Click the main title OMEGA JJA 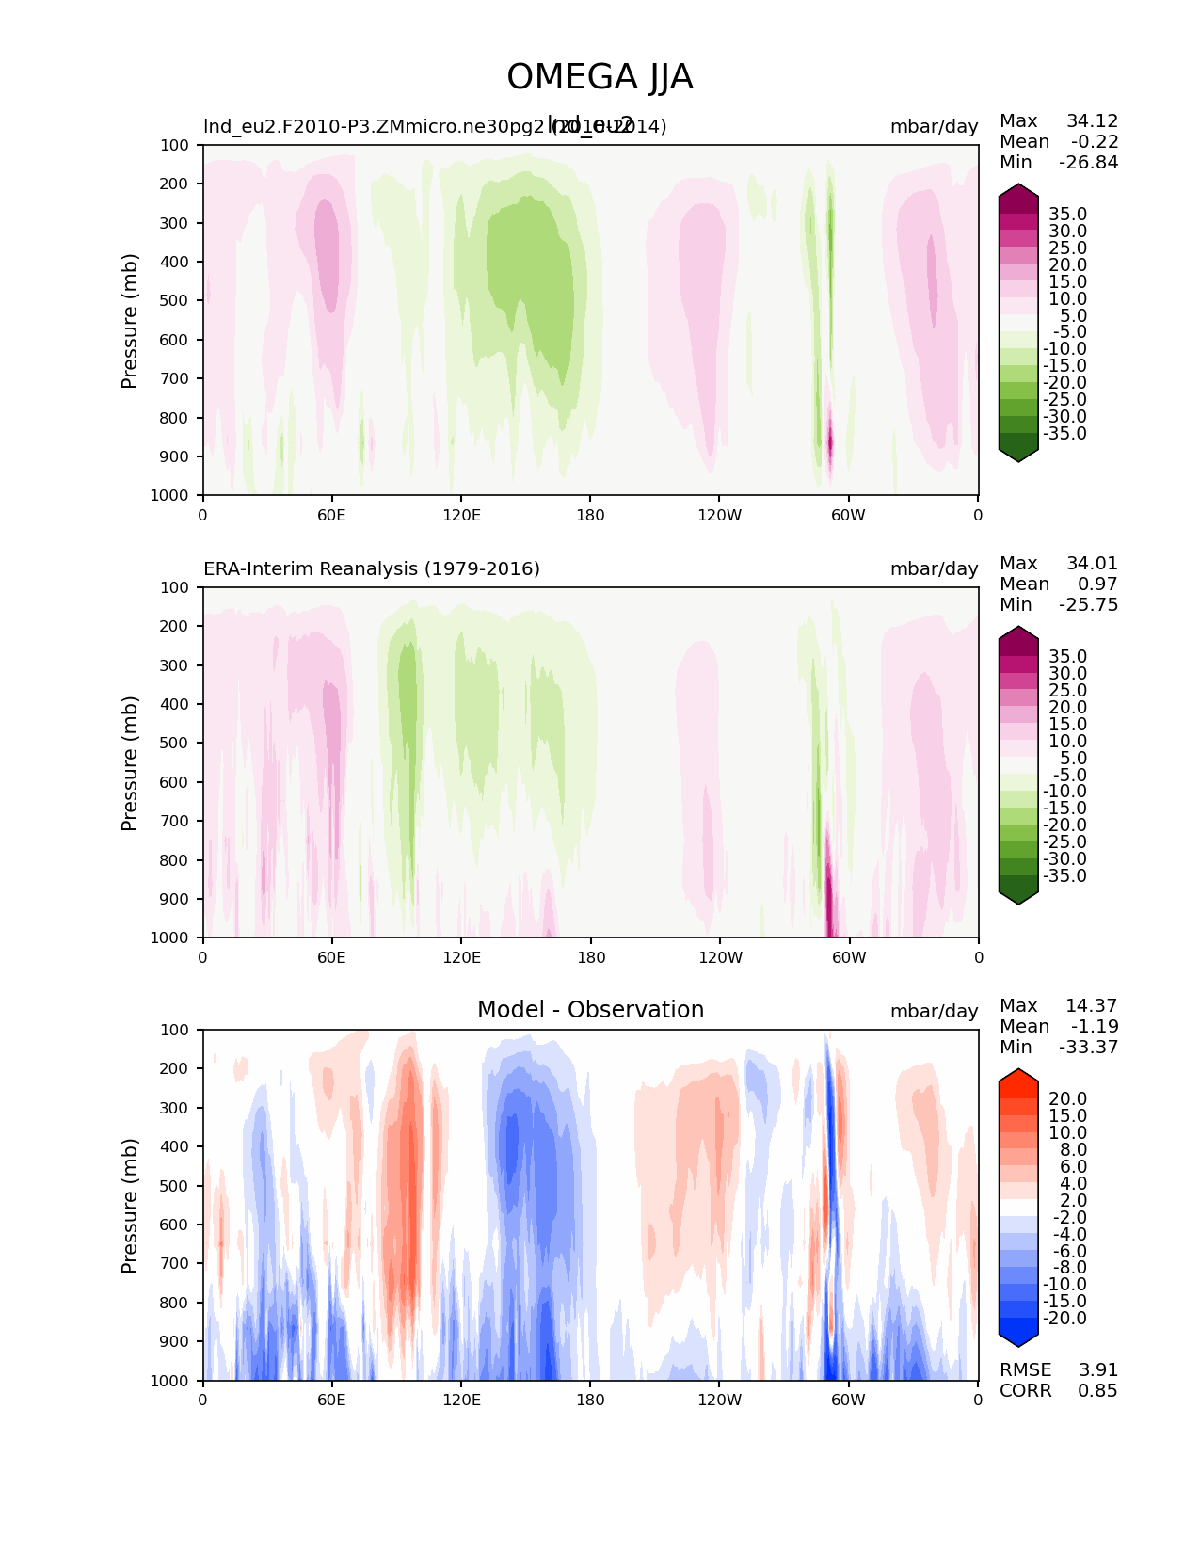pos(600,77)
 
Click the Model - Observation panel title pos(590,1010)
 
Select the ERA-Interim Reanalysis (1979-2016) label pos(372,568)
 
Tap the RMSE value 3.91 pos(1097,1369)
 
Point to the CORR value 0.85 pos(1097,1390)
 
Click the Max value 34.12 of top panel pos(1092,120)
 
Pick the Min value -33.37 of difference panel pos(1088,1047)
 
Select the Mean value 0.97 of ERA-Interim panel pos(1097,584)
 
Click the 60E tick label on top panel pos(331,515)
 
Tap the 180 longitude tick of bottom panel pos(590,1400)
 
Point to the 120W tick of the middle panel pos(720,957)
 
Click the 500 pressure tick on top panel pos(176,300)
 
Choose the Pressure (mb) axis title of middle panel pos(130,762)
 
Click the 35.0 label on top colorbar pos(1067,215)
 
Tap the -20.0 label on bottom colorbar pos(1064,1318)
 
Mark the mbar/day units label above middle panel pos(934,568)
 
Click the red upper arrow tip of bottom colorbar pos(1018,1073)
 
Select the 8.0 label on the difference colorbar pos(1073,1149)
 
